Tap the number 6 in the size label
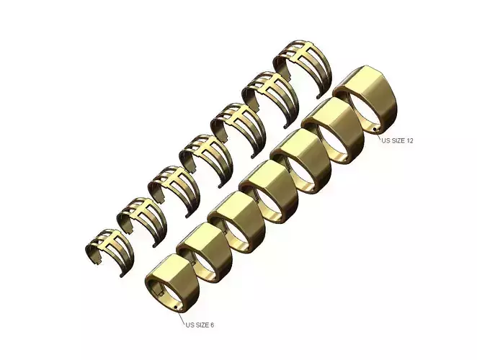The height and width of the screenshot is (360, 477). [x=212, y=325]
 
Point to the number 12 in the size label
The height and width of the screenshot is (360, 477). [x=409, y=140]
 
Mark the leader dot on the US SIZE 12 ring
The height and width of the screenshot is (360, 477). [x=375, y=129]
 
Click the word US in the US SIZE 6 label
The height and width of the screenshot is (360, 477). [x=190, y=325]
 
